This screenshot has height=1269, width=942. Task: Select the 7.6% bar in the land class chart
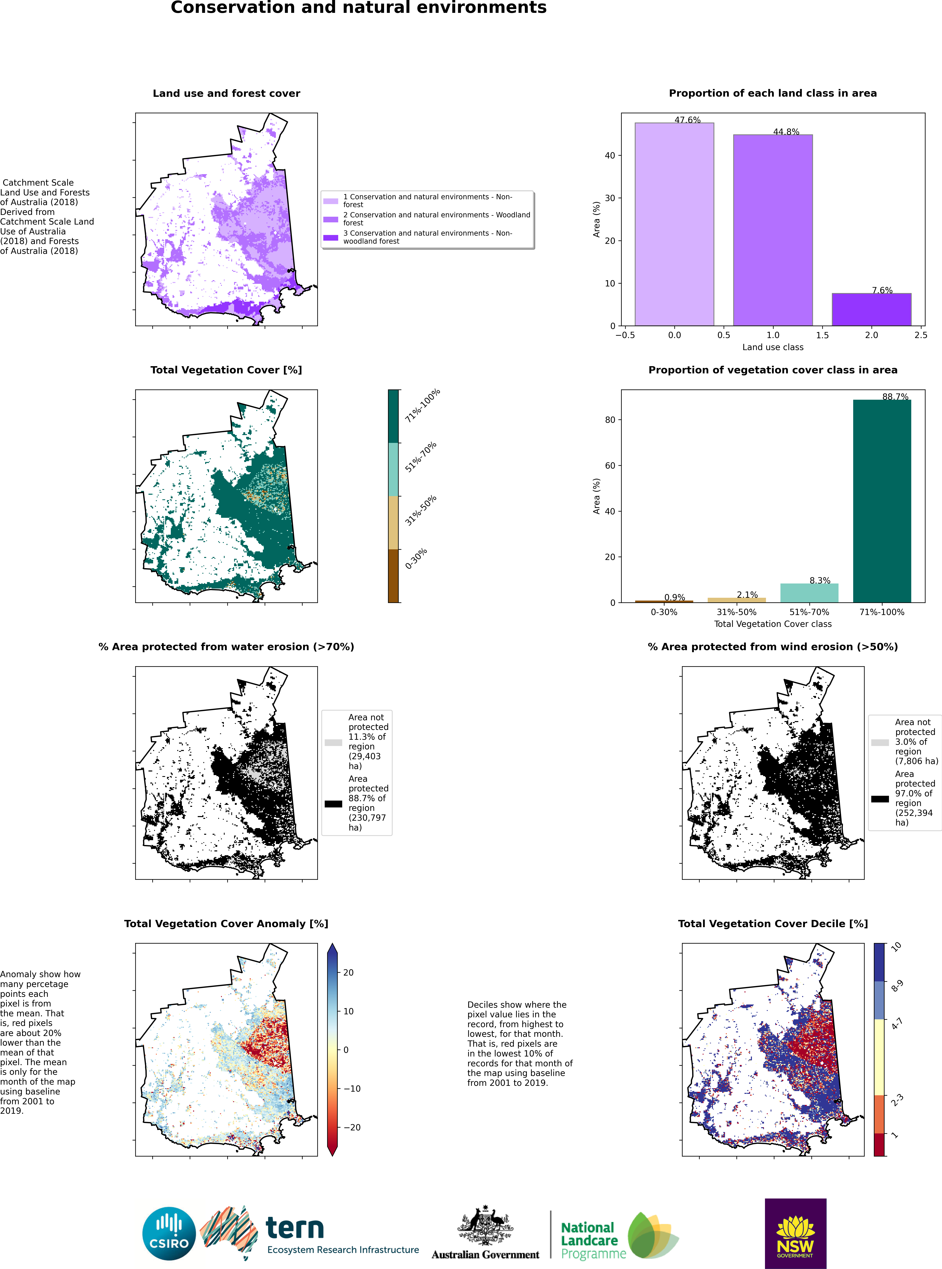(x=871, y=309)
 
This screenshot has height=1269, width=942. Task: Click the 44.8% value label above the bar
(x=786, y=132)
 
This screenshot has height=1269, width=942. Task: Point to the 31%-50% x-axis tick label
(x=736, y=612)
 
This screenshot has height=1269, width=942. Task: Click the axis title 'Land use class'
(x=773, y=347)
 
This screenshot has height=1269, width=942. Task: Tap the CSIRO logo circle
(x=169, y=1234)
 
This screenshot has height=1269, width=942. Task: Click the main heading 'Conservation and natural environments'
(x=359, y=7)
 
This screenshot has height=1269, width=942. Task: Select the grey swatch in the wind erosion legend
(x=880, y=743)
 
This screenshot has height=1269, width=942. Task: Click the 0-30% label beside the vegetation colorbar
(x=416, y=558)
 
